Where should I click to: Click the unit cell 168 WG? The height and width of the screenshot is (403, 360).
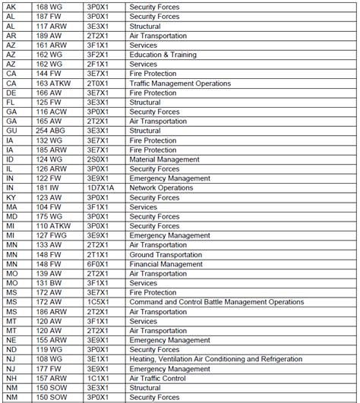coord(50,5)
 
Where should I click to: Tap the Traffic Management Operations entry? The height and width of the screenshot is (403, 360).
coord(178,82)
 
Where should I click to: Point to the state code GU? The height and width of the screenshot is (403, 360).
coord(11,130)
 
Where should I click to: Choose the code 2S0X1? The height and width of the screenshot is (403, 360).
coord(97,159)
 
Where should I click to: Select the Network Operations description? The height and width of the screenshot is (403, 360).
coord(160,187)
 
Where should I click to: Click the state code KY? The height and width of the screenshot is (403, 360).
coord(11,197)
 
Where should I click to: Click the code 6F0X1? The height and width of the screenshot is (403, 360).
coord(97,263)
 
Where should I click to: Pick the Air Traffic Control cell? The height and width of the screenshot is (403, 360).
coord(157,378)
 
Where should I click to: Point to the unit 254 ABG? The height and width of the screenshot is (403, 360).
coord(51,130)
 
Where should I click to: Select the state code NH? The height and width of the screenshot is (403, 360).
coord(11,378)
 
